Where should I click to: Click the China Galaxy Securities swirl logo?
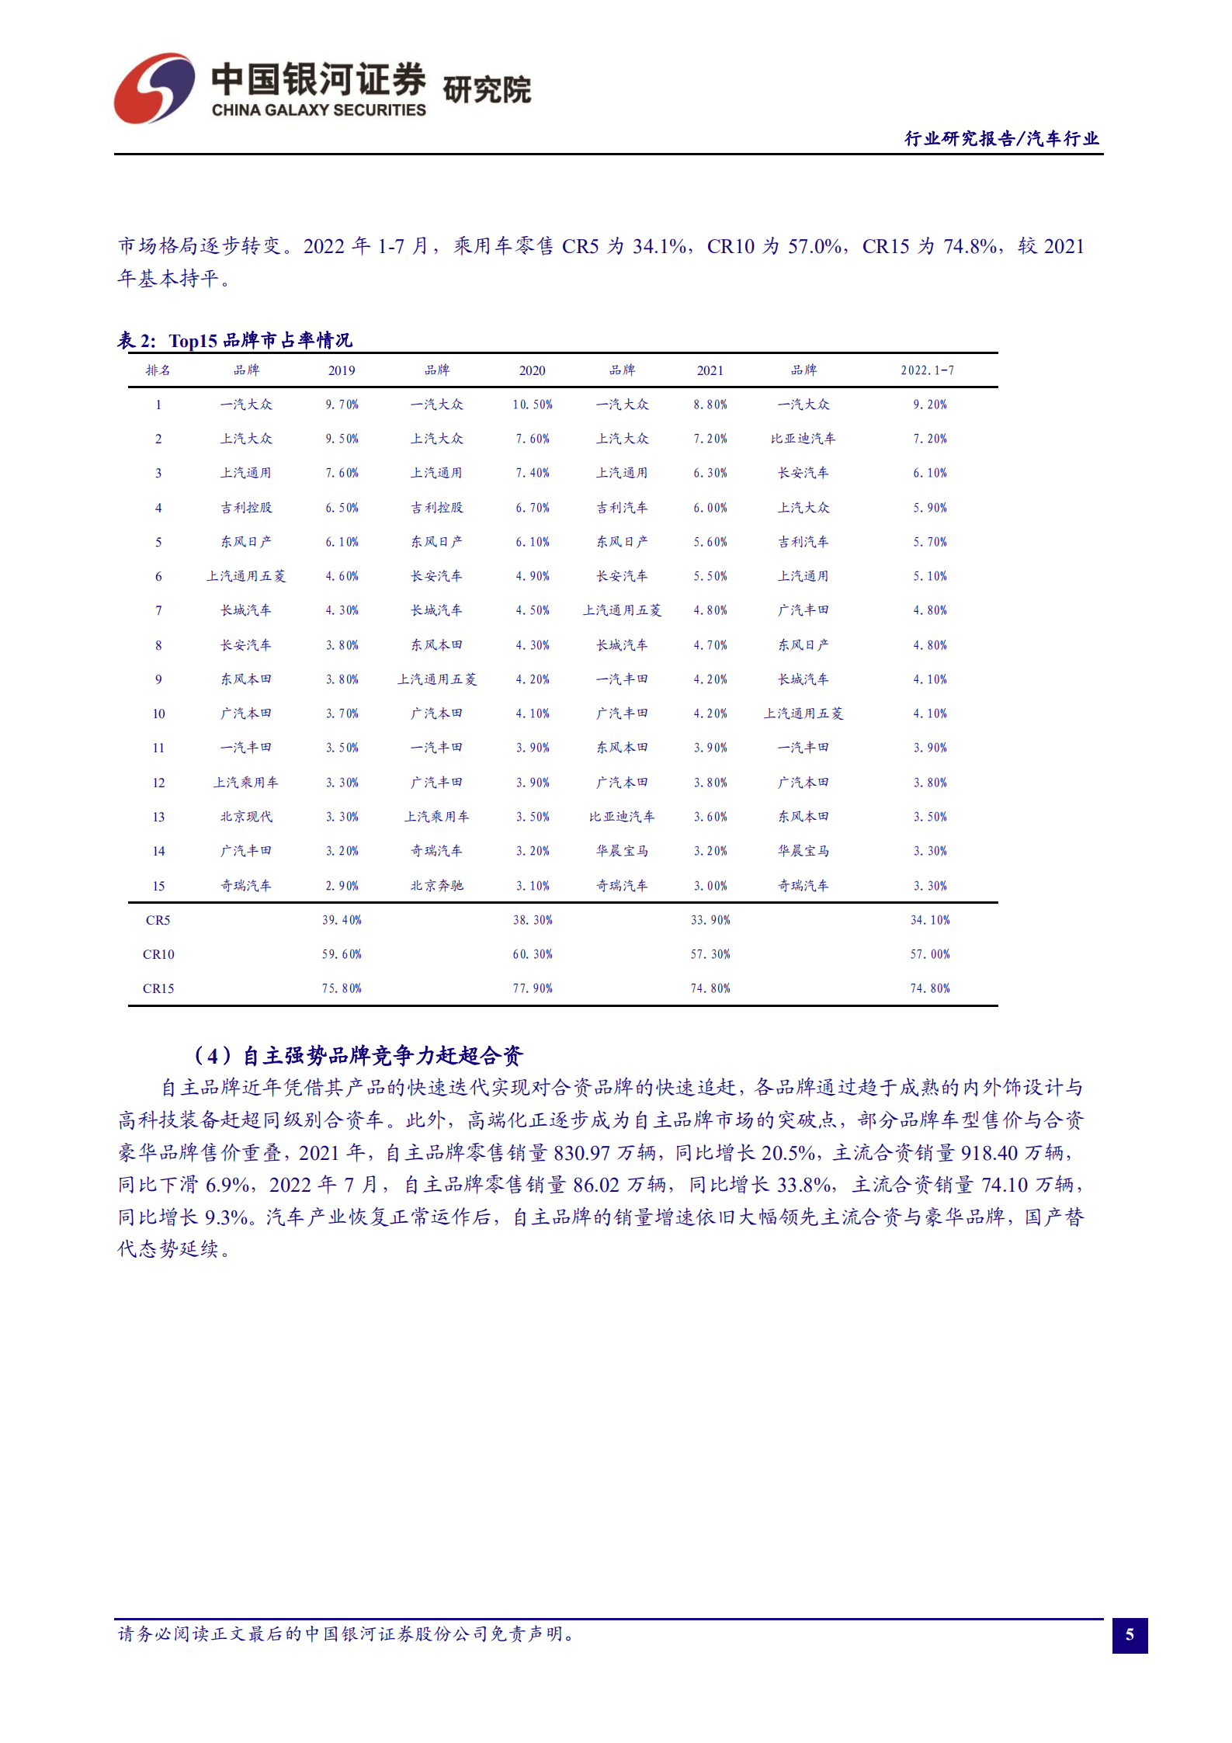coord(154,88)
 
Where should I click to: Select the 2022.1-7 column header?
coord(928,370)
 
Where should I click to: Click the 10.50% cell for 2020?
coord(533,405)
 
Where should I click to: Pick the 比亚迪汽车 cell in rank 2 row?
coord(803,439)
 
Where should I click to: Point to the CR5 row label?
coord(158,920)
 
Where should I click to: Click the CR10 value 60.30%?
coord(533,954)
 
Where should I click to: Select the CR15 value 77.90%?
coord(533,988)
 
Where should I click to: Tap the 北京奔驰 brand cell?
coord(436,886)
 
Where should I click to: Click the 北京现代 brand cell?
coord(246,817)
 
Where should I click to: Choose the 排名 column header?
coord(158,370)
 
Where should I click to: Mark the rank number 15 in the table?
coord(158,886)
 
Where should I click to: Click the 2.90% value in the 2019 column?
coord(342,886)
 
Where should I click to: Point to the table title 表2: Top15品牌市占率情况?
coord(235,340)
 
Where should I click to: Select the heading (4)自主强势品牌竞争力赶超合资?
coord(357,1055)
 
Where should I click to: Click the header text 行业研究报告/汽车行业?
coord(1001,138)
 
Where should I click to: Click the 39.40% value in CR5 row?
coord(342,920)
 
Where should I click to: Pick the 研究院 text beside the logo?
coord(487,90)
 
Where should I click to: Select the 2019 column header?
coord(342,370)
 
